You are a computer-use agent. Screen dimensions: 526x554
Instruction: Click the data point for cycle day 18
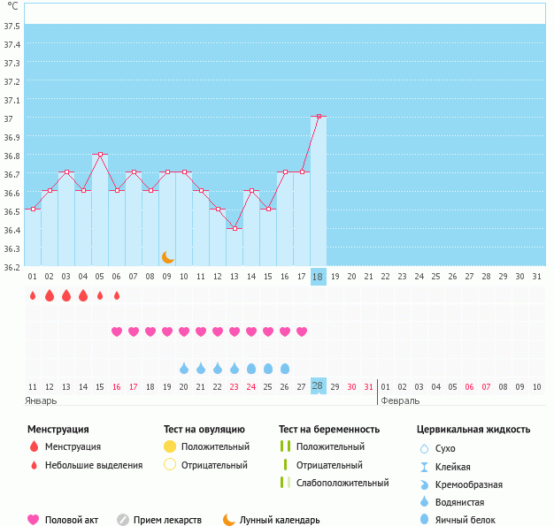coord(319,116)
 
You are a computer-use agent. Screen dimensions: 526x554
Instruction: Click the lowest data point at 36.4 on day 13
coord(235,228)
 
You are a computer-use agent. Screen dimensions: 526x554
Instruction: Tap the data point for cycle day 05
coord(100,154)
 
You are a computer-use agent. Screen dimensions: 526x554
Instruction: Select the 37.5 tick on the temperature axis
coord(12,26)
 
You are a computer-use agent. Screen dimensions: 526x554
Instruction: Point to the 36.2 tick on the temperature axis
coord(12,266)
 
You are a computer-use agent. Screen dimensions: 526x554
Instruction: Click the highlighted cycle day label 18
coord(319,277)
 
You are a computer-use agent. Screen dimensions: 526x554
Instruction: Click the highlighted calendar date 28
coord(319,386)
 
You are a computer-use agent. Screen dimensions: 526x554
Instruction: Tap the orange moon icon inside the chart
coord(167,257)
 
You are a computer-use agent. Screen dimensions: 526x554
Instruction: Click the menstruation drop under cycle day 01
coord(33,295)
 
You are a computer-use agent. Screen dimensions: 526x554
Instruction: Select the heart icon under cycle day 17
coord(302,332)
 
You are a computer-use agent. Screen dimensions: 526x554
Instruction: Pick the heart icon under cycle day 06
coord(117,332)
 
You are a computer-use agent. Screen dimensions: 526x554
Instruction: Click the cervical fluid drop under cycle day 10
coord(184,368)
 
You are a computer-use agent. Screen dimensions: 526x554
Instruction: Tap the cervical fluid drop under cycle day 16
coord(285,368)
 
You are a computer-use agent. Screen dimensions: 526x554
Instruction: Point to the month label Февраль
coord(400,400)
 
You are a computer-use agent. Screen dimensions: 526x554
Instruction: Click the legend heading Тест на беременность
coord(328,430)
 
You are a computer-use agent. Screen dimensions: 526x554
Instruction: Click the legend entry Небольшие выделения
coord(93,465)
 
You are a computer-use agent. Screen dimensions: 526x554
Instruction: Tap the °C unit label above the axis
coord(12,6)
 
